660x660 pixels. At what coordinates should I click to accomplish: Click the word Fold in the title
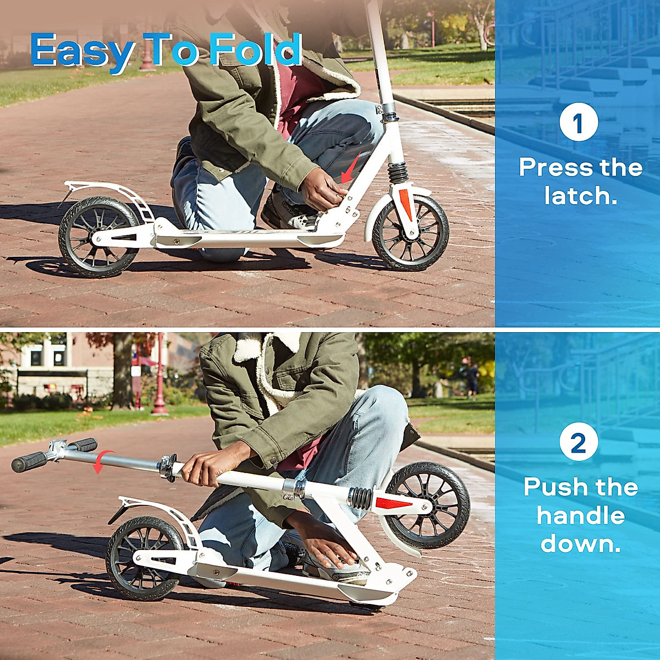click(255, 51)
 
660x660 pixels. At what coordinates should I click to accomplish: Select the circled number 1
click(579, 123)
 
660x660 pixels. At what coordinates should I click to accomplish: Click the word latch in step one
click(581, 196)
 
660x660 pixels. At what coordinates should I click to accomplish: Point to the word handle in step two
click(581, 516)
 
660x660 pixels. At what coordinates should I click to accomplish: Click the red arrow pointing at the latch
click(350, 168)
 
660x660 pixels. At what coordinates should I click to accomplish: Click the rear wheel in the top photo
click(99, 237)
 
